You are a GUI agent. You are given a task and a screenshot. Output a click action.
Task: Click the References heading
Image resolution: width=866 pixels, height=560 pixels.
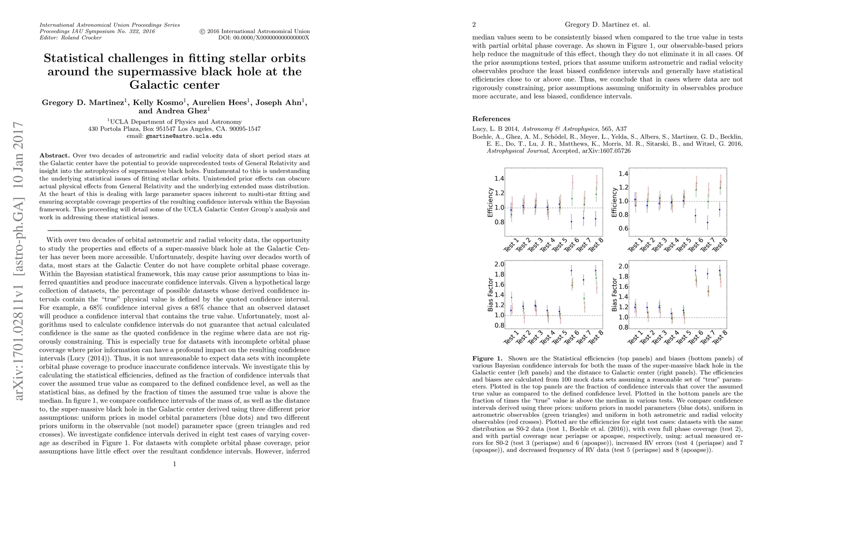[x=491, y=119]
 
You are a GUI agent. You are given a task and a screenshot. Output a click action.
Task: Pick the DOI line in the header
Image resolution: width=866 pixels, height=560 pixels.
[x=263, y=38]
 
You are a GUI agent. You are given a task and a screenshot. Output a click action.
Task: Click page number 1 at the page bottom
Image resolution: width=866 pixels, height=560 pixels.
[x=174, y=464]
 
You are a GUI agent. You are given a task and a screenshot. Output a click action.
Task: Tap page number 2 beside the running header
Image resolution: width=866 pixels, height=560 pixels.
[x=474, y=25]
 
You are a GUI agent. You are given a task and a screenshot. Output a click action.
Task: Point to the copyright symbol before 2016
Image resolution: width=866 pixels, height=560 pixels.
[x=202, y=31]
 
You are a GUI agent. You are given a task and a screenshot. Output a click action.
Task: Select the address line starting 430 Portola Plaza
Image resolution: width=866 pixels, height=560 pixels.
[x=174, y=129]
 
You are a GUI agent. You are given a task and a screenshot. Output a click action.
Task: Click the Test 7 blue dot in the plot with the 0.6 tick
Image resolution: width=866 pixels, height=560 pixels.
[x=708, y=222]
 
